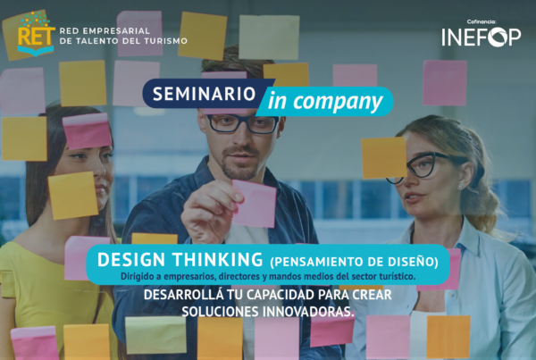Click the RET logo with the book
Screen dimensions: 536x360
(36, 34)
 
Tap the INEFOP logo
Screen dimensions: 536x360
(481, 37)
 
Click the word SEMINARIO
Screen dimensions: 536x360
(204, 94)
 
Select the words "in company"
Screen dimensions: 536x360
(325, 102)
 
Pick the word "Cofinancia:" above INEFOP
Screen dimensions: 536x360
(482, 21)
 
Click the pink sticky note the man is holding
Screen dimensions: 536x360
(255, 204)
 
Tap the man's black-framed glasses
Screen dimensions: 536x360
(243, 123)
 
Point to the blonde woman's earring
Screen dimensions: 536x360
(462, 186)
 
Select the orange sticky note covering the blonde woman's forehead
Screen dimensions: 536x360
(384, 157)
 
